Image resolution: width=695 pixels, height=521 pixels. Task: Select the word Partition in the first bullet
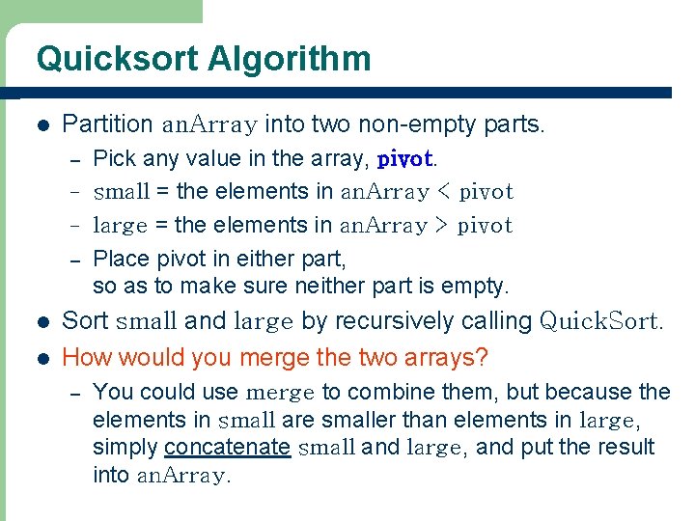point(107,124)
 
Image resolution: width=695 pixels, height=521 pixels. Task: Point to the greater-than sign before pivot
point(441,226)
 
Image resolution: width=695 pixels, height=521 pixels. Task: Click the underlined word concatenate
point(228,448)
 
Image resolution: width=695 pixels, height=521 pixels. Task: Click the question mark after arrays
point(483,357)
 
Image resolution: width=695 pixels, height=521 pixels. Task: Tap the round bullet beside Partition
point(42,125)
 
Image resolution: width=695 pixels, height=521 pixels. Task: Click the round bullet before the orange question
point(42,358)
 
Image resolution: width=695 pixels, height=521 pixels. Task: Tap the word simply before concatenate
point(125,448)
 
